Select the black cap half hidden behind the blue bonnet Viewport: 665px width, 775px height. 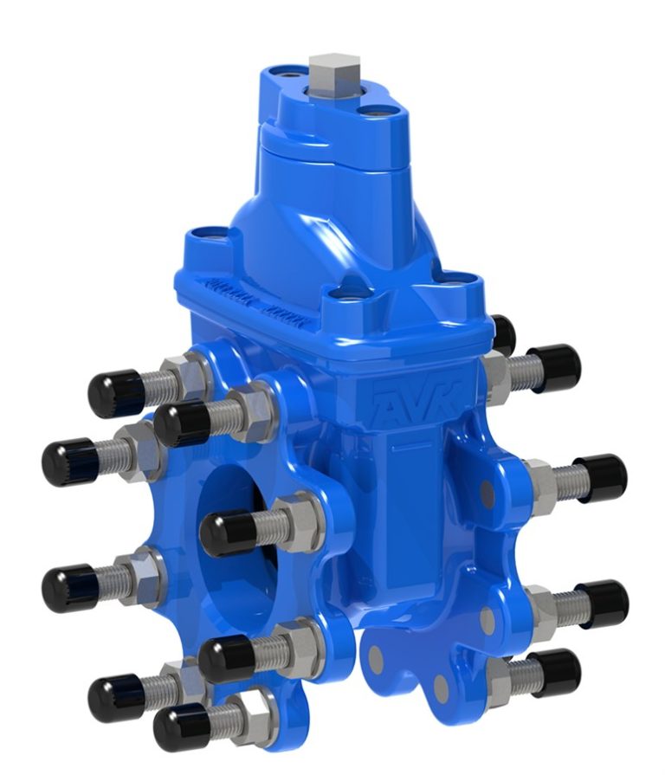502,333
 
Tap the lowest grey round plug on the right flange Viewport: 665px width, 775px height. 441,688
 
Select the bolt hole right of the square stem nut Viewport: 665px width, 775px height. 374,112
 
